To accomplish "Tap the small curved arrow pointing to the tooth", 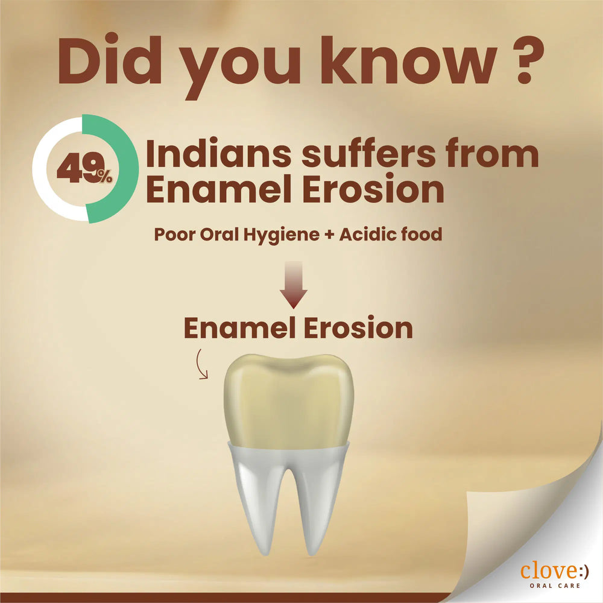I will [200, 366].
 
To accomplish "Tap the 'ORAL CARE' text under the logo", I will [554, 586].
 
